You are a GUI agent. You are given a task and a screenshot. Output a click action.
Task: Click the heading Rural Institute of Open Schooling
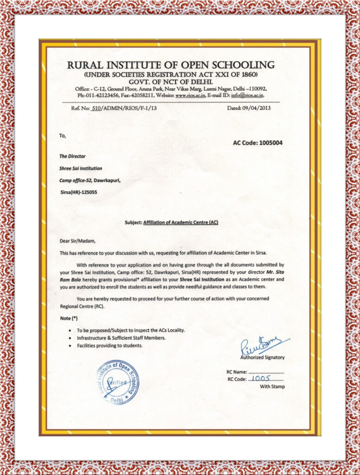[170, 65]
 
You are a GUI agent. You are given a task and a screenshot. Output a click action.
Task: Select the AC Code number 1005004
[268, 143]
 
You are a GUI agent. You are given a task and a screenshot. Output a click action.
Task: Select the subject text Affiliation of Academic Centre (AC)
[181, 223]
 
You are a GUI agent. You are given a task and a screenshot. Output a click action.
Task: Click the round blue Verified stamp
[117, 382]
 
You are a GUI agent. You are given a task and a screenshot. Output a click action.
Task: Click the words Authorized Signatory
[262, 358]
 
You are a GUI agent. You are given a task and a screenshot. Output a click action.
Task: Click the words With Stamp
[272, 386]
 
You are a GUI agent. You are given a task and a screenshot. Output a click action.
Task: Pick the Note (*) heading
[69, 319]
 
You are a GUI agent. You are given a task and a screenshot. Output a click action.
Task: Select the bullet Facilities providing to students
[109, 346]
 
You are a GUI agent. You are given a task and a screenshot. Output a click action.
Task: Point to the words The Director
[72, 156]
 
